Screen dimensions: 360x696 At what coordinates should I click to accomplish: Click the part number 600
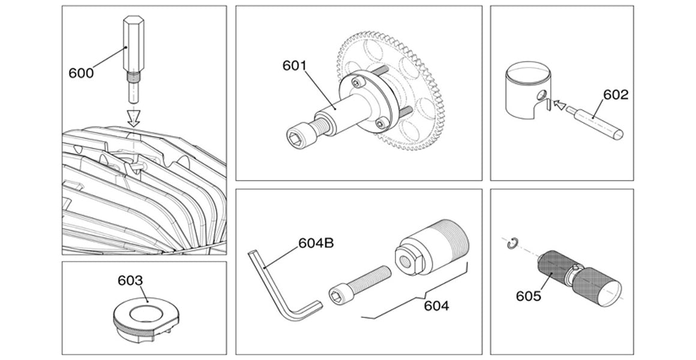tap(81, 73)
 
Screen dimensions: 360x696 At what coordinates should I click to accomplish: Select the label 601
tap(295, 65)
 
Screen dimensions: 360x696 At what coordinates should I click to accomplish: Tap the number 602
tap(616, 95)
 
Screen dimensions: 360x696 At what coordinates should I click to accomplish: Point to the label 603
tap(130, 281)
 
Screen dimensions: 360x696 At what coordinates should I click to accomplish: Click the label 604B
tap(316, 244)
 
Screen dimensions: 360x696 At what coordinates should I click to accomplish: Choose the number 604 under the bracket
tap(436, 306)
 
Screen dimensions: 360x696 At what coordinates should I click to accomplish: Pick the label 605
tap(529, 296)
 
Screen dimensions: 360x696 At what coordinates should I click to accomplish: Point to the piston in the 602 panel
tap(528, 93)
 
